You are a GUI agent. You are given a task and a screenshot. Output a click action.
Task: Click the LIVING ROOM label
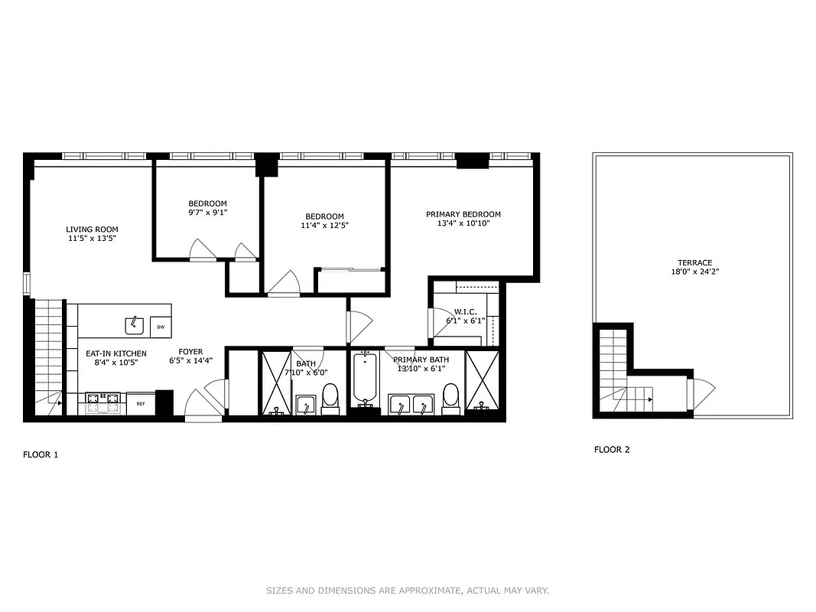(92, 229)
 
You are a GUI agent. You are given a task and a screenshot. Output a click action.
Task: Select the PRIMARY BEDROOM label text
(463, 214)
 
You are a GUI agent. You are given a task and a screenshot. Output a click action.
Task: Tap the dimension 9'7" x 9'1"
(208, 213)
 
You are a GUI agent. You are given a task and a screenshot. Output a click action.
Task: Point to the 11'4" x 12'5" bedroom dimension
(324, 226)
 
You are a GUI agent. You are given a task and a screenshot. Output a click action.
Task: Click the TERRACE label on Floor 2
(694, 262)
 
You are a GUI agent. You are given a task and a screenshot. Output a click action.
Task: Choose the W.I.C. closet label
(465, 311)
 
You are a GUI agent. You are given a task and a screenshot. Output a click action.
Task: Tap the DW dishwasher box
(161, 327)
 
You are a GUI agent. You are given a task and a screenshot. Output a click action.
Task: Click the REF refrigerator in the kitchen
(141, 403)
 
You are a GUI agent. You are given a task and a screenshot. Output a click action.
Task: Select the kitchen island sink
(135, 324)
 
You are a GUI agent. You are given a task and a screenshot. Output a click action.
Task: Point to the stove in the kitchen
(102, 402)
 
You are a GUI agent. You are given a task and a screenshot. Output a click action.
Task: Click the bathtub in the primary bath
(365, 379)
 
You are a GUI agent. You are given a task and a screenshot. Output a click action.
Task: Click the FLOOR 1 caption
(41, 454)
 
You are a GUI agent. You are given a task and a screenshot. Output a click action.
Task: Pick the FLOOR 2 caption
(612, 450)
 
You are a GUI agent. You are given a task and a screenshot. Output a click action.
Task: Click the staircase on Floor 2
(614, 367)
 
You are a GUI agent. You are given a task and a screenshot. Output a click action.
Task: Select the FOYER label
(190, 352)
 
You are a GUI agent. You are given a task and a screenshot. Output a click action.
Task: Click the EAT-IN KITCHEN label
(115, 353)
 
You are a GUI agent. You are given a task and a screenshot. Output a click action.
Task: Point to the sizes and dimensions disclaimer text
(407, 591)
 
